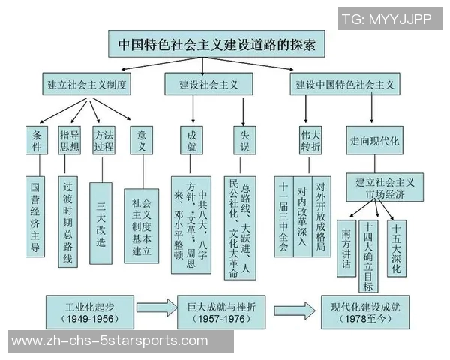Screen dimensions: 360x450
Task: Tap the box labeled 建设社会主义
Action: click(x=209, y=84)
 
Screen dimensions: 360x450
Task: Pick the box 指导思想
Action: click(x=69, y=140)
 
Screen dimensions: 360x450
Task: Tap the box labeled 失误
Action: click(x=245, y=140)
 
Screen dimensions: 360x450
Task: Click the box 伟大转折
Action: click(x=310, y=140)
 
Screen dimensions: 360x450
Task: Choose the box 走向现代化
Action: click(x=375, y=140)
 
